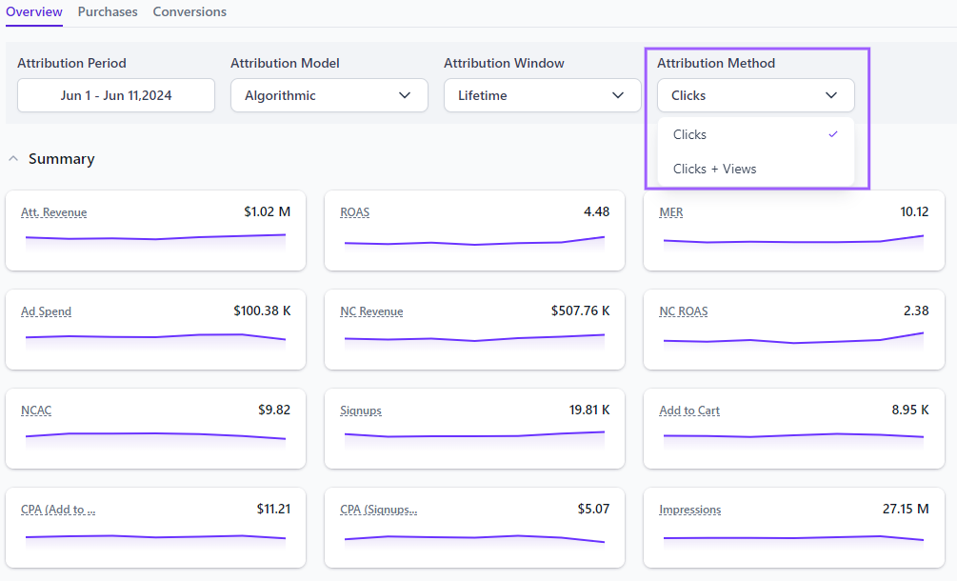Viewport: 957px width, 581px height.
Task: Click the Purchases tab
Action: tap(108, 12)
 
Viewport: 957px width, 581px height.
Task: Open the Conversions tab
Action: tap(189, 12)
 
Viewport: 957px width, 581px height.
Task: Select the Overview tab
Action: tap(34, 12)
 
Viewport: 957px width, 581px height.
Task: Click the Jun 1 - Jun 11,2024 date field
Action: tap(116, 95)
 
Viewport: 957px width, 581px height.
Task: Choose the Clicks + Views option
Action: tap(714, 169)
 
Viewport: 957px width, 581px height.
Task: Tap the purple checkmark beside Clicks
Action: tap(833, 134)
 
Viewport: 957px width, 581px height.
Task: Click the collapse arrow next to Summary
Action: tap(13, 159)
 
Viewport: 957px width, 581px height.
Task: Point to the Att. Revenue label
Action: tap(54, 212)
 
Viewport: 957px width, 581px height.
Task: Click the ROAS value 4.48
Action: tap(596, 211)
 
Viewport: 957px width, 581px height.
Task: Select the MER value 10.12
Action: tap(914, 211)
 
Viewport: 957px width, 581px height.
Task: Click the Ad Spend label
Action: tap(47, 311)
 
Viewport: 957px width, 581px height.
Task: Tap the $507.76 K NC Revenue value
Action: tap(580, 311)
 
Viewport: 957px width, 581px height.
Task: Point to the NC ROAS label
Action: tap(684, 311)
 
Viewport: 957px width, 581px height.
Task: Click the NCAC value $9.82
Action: tap(274, 410)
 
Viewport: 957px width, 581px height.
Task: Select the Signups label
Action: tap(361, 411)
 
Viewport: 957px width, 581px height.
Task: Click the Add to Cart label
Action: tap(689, 411)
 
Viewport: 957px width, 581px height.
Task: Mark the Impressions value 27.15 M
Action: tap(906, 509)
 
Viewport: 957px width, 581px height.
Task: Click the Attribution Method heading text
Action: tap(716, 64)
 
